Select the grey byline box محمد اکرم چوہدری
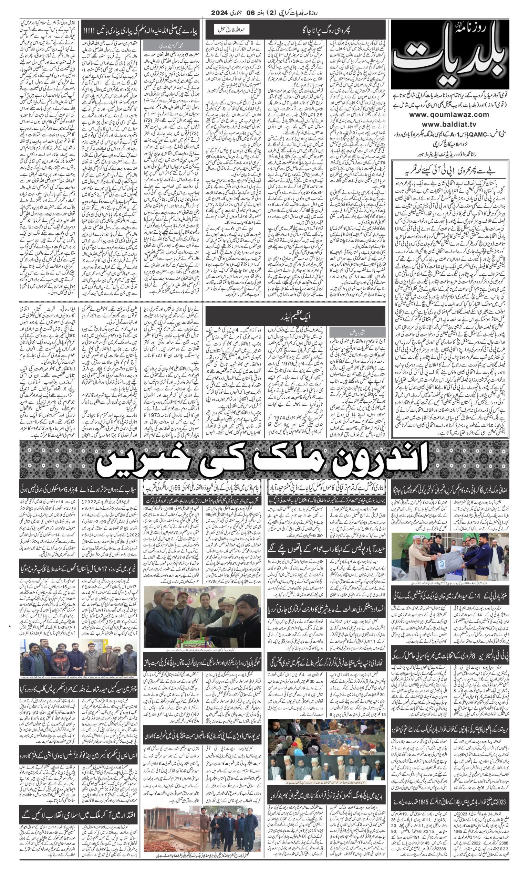[x=171, y=46]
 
